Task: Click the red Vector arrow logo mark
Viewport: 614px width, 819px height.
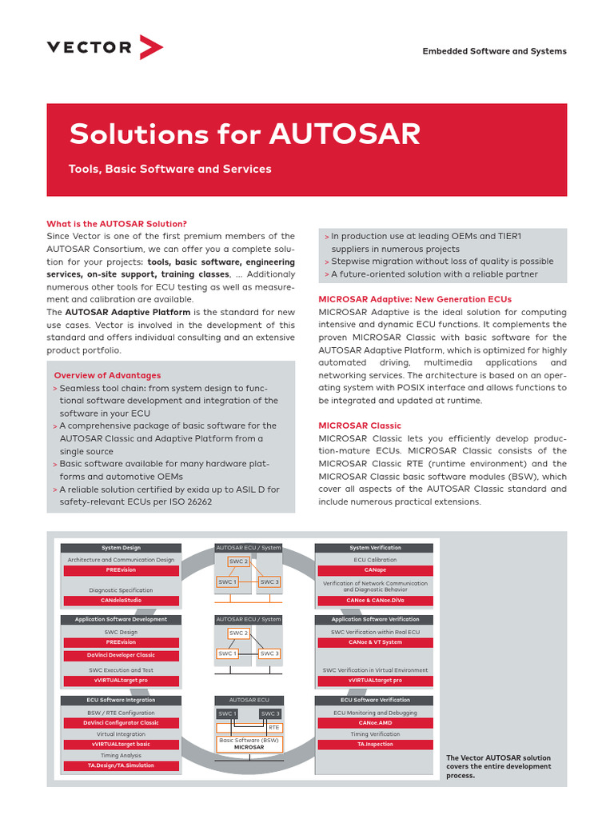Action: [x=151, y=47]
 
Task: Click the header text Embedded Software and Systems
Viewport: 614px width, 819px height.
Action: [x=494, y=51]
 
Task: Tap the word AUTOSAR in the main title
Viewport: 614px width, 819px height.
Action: [x=345, y=134]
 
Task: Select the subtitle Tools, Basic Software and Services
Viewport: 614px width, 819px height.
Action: [x=170, y=169]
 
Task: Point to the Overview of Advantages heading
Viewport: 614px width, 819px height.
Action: [x=107, y=375]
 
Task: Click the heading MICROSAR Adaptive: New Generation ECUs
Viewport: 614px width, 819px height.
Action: [x=415, y=299]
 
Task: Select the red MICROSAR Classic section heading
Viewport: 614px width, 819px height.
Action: [x=360, y=425]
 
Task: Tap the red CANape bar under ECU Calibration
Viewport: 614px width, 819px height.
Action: [x=374, y=570]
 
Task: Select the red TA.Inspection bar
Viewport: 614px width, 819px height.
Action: [x=374, y=744]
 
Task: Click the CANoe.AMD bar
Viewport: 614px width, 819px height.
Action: [x=374, y=722]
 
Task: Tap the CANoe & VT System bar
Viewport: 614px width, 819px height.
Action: [x=374, y=641]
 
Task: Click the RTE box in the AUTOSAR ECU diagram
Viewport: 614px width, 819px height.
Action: [x=274, y=727]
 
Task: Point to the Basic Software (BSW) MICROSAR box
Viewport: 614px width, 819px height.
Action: [x=249, y=744]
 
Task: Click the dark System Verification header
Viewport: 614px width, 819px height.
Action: [x=374, y=548]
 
